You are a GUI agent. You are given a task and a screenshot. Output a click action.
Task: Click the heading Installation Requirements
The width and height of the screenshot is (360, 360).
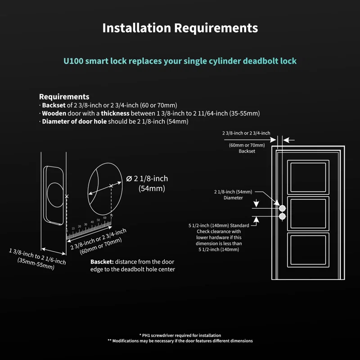click(180, 28)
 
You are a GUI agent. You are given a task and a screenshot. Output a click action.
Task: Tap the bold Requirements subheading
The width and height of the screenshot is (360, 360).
click(64, 96)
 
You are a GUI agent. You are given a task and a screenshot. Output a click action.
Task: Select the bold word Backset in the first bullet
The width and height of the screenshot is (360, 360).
click(54, 105)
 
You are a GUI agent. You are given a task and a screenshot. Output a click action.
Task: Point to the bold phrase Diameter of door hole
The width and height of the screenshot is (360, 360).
click(74, 121)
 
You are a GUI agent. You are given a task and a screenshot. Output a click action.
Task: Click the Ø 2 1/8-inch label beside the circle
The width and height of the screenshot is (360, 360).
click(147, 179)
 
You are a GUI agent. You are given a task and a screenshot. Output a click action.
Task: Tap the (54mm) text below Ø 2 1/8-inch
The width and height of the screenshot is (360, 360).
click(152, 189)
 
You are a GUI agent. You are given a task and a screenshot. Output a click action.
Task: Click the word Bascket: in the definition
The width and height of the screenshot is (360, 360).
click(102, 262)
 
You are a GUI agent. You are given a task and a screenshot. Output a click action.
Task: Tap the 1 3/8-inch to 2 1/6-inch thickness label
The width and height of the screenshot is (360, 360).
click(38, 256)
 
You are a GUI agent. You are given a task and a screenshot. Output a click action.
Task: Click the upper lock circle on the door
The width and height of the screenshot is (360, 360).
click(282, 208)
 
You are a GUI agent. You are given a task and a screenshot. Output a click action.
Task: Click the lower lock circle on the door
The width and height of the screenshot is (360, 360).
click(282, 216)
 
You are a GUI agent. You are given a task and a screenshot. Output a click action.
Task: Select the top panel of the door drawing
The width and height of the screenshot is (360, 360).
click(308, 177)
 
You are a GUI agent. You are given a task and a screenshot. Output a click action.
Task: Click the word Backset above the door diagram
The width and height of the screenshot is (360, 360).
click(247, 151)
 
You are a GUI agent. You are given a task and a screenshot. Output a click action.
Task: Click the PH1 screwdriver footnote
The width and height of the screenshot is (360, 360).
click(180, 335)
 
